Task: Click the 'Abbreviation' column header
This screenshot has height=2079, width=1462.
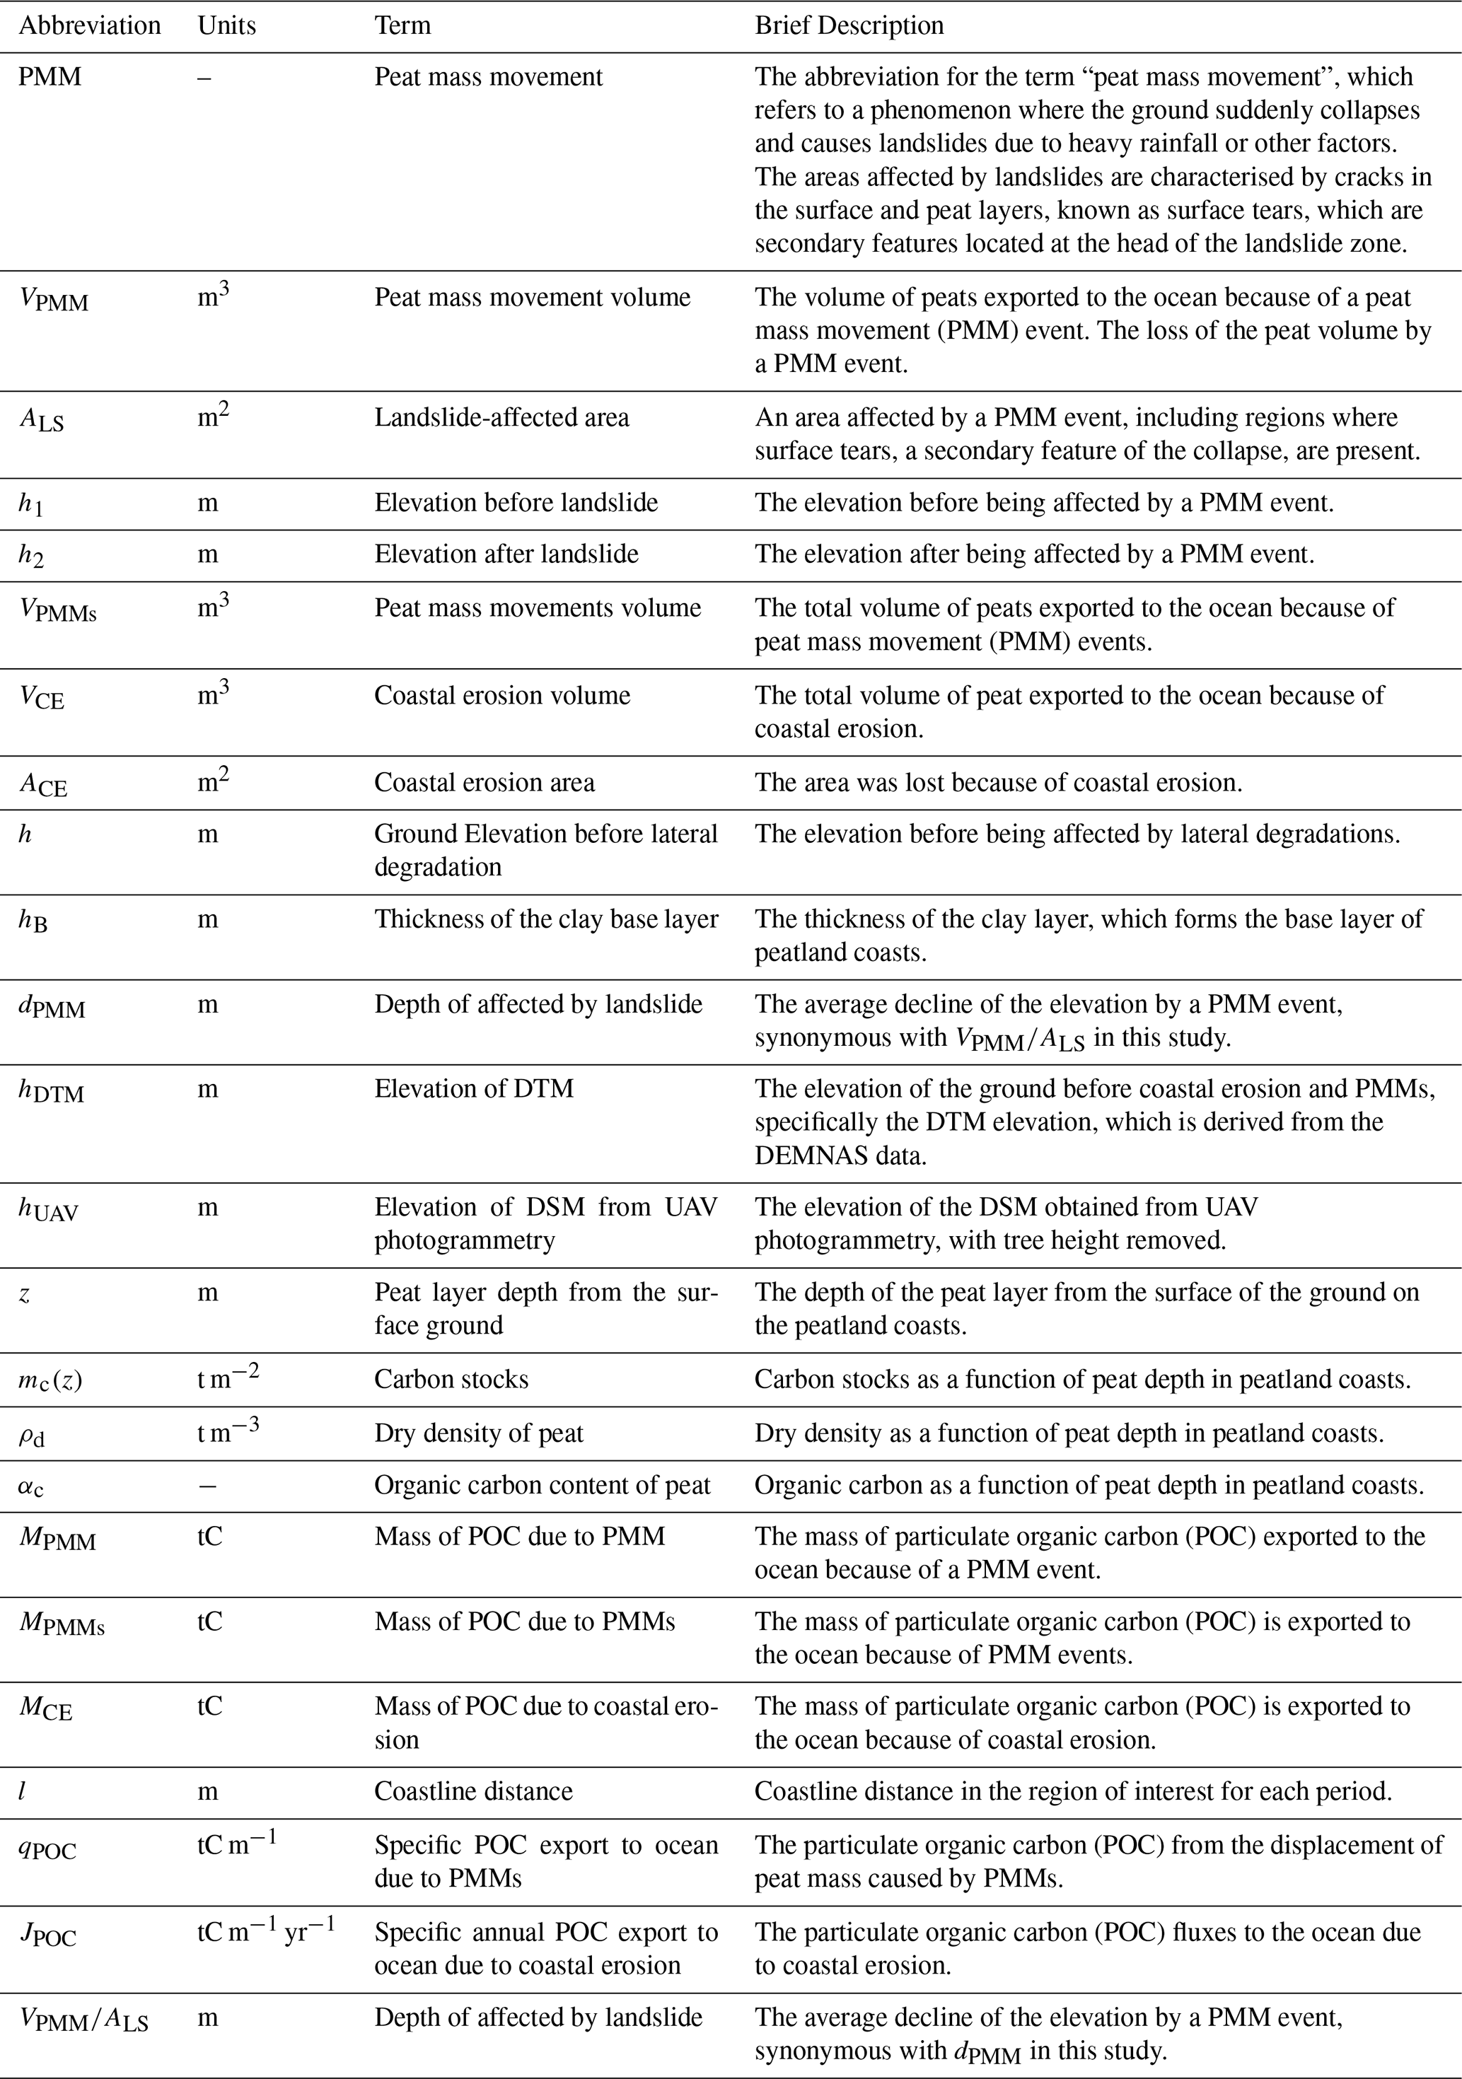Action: coord(90,25)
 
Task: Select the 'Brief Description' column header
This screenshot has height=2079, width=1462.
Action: coord(849,25)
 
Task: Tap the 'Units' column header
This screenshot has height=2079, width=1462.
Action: coord(226,25)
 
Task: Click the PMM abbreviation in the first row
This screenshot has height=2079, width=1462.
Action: coord(50,77)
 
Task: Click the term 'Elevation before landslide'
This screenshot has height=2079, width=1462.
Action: coord(516,503)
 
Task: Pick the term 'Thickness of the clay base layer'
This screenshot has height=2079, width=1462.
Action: coord(545,919)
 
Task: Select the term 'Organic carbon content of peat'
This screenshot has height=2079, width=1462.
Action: coord(542,1485)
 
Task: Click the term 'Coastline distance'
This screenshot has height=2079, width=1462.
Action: coord(473,1791)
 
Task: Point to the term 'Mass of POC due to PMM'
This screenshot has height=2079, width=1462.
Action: coord(519,1537)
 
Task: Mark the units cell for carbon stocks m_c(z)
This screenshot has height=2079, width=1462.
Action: coord(228,1378)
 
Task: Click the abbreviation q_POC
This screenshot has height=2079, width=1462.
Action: coord(47,1850)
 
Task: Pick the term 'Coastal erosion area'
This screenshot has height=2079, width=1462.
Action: coord(484,782)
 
